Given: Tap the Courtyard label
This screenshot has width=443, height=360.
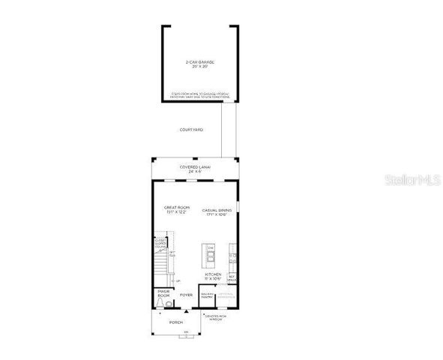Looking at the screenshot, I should click(191, 130).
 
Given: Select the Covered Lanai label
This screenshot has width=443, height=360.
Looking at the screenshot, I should click(194, 166).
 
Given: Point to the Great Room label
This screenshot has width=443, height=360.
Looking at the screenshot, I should click(177, 207).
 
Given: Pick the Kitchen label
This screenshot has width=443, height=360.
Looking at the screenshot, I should click(213, 274).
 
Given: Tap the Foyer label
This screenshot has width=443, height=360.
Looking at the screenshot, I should click(186, 295).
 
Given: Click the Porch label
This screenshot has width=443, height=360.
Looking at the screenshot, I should click(175, 322).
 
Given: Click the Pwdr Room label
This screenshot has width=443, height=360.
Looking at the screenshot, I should click(163, 292).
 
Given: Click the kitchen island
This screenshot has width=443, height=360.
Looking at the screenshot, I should click(211, 255).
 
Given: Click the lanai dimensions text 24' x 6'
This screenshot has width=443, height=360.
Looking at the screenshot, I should click(194, 171).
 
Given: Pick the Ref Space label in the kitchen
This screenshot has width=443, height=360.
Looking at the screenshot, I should click(232, 277).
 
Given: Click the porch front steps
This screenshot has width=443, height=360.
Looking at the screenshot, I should click(186, 335).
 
